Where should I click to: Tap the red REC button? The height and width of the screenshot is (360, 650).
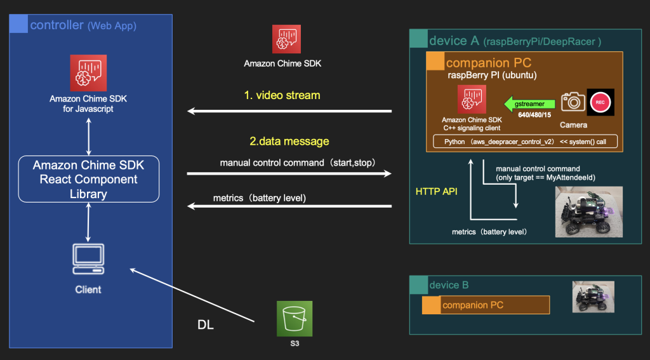click(600, 102)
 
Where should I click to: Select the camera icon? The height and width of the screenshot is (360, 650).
click(573, 102)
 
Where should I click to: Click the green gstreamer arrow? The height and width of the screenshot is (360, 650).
click(527, 102)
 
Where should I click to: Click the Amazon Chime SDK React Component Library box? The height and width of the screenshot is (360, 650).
click(88, 179)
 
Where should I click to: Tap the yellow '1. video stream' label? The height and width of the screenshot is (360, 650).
click(282, 95)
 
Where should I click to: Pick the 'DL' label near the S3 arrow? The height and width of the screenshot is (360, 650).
click(205, 325)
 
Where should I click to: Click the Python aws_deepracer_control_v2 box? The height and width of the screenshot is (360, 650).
click(524, 141)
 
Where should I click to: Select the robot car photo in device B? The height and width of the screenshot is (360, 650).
click(593, 297)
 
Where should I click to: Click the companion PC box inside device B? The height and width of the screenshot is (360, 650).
click(486, 305)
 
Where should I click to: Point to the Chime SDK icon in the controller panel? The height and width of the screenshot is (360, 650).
click(88, 72)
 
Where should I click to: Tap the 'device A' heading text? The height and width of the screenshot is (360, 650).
click(454, 41)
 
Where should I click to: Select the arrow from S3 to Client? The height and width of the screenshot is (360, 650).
click(193, 295)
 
